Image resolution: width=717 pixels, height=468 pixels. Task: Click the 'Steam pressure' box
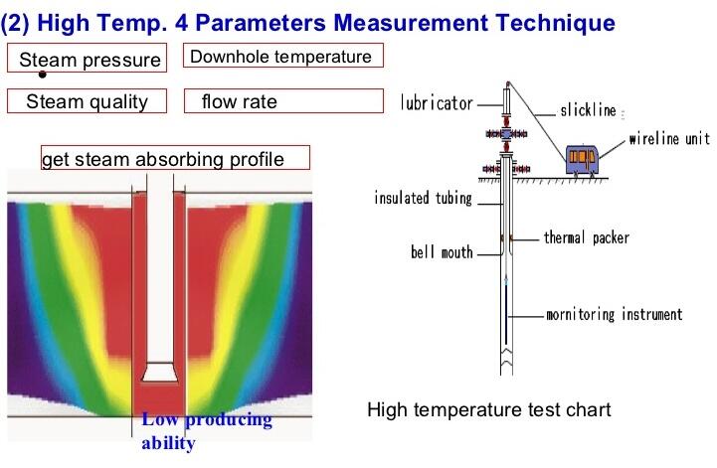(87, 58)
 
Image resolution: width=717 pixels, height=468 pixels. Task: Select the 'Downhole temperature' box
(283, 56)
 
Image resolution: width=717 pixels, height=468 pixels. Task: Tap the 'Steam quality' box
(87, 101)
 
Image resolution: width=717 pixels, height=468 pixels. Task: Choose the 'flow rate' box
(283, 101)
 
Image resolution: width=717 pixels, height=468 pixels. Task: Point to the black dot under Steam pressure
(43, 75)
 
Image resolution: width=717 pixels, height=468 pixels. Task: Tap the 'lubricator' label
(437, 103)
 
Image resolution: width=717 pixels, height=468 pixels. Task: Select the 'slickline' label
(588, 110)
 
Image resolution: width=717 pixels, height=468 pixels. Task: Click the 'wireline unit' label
(669, 138)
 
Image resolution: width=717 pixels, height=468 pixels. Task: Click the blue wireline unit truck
(582, 160)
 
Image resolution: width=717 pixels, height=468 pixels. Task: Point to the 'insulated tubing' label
(423, 198)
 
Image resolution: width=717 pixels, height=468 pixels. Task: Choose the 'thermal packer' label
(586, 237)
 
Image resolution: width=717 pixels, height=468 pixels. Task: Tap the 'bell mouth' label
(442, 252)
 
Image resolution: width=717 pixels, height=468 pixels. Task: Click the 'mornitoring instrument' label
(615, 314)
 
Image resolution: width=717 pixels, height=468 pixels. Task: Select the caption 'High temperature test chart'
(489, 409)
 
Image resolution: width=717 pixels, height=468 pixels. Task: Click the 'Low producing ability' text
(207, 431)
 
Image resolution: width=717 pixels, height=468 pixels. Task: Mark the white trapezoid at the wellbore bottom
(159, 372)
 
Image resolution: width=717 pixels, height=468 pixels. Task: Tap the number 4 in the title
(181, 23)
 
